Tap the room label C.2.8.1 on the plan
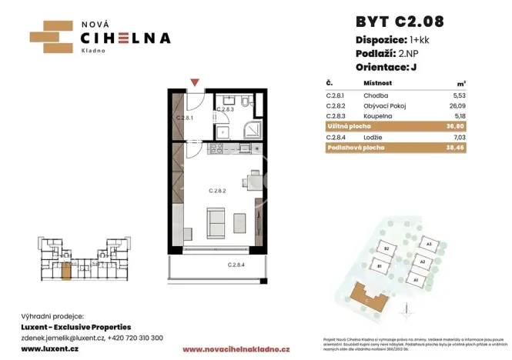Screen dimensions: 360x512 tap(186, 118)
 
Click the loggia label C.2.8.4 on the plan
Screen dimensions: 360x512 tap(238, 265)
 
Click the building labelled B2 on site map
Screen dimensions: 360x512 tap(388, 249)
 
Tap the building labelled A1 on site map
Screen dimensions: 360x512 tap(416, 281)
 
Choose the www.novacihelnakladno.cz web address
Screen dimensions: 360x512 tap(225, 349)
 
